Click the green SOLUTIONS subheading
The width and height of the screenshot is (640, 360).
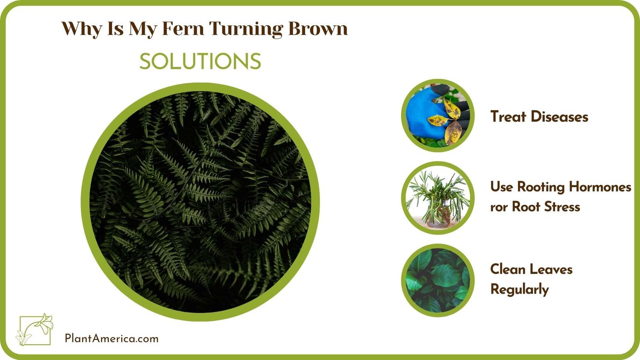coord(200,62)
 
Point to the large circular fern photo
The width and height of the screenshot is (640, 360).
coord(200,202)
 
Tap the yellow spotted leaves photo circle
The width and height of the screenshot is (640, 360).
coord(438,116)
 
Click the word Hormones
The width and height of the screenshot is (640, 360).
coord(600,187)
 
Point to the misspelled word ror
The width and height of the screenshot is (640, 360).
coord(499,207)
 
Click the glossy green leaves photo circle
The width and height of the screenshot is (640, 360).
coord(438,280)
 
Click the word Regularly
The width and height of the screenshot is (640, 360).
coord(520,290)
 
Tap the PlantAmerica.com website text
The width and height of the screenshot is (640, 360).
coord(112,339)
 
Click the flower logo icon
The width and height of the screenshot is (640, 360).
coord(35,329)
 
